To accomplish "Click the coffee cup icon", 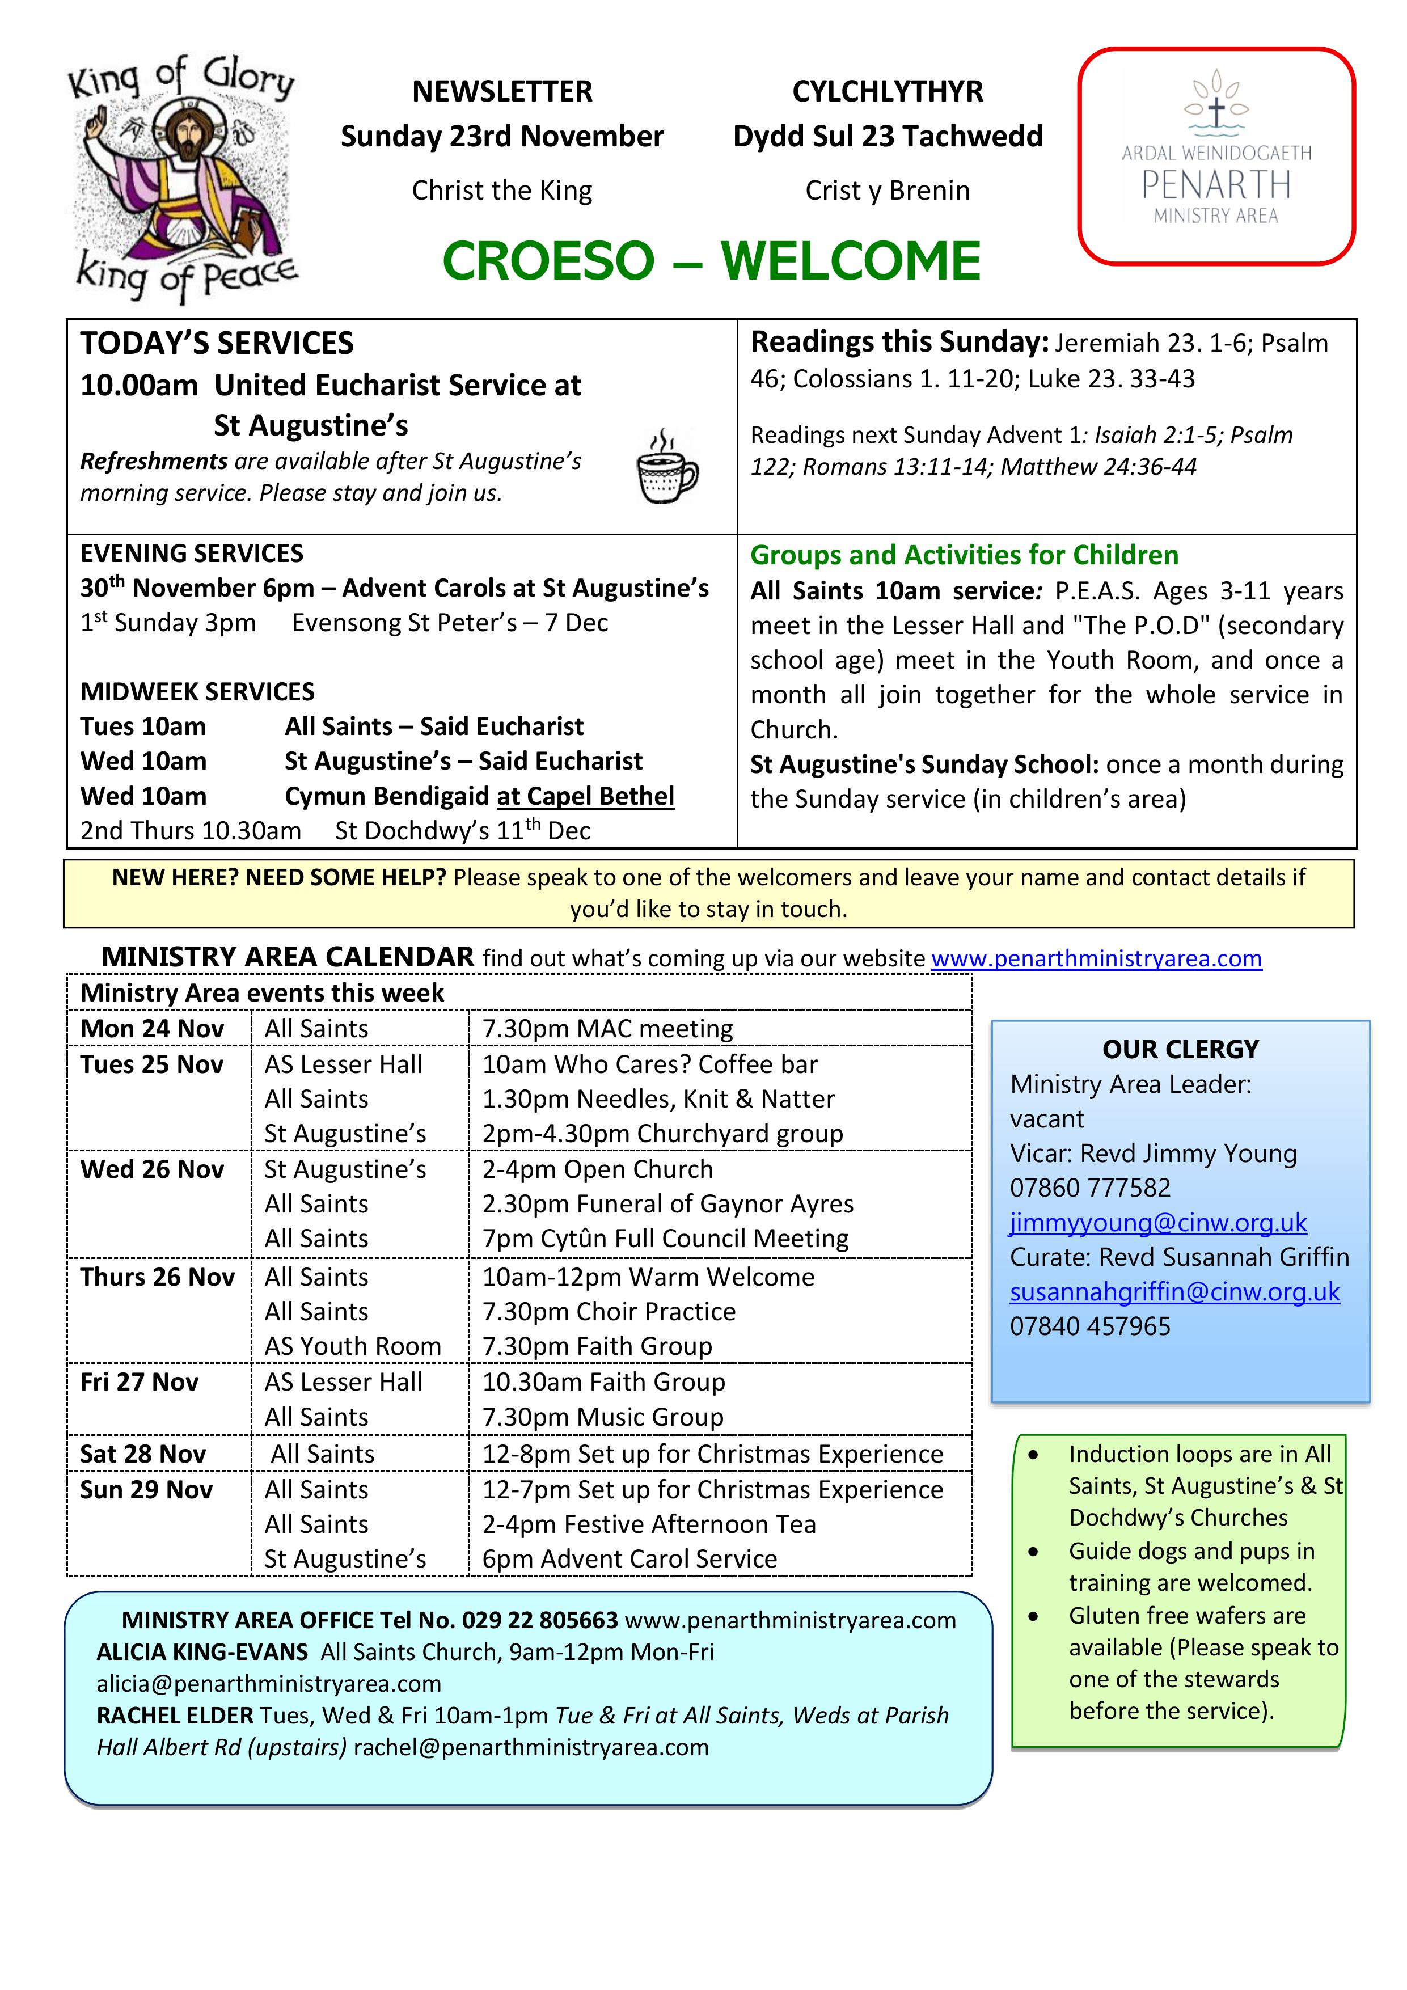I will point(667,466).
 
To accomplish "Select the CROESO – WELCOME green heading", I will point(711,261).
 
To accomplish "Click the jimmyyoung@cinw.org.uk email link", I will point(1158,1222).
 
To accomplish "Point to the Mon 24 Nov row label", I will point(152,1029).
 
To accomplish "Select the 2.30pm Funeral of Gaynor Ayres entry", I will point(667,1204).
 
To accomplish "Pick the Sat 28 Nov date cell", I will point(143,1454).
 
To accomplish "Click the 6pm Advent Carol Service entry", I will point(629,1558).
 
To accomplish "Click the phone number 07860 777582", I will point(1090,1188).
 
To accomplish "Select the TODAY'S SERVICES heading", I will point(217,343).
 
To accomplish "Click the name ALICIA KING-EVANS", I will point(202,1652).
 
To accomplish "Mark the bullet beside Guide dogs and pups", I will point(1033,1552).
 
